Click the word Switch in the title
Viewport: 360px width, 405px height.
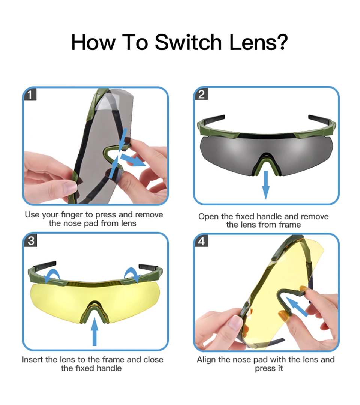tap(188, 42)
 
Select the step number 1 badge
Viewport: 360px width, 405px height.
tap(30, 94)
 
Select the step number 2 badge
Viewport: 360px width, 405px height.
tap(201, 94)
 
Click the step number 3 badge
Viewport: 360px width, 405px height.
tap(30, 240)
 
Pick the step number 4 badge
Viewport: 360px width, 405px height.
tap(201, 241)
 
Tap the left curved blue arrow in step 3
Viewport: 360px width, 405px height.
tap(52, 275)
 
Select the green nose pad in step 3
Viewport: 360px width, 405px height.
tap(94, 310)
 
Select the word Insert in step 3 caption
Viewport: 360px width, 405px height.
tap(33, 360)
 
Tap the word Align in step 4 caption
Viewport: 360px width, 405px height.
tap(206, 360)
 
